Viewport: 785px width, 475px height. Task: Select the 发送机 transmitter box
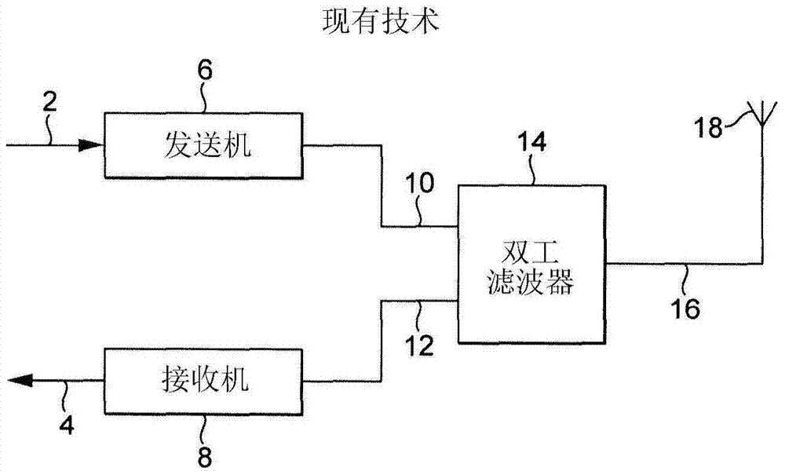(203, 146)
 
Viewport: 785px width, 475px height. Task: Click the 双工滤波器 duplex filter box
(531, 263)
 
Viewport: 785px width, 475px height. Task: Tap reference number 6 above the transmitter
(203, 71)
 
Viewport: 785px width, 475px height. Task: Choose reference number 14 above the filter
(531, 142)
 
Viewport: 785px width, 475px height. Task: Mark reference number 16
(685, 309)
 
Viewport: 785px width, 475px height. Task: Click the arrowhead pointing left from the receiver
(20, 381)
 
